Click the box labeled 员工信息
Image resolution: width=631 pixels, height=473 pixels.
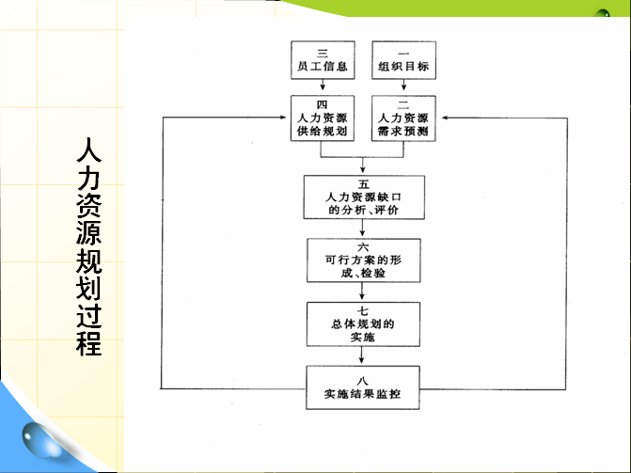[323, 60]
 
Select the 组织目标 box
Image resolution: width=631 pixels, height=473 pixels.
[403, 60]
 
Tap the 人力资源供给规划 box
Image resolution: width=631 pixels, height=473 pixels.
[323, 118]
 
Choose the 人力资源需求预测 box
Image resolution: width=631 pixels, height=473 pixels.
[403, 118]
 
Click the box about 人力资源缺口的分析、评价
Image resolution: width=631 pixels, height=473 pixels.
[364, 197]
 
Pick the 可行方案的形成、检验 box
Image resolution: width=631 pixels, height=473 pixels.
[363, 260]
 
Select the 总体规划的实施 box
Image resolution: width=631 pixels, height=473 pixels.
[363, 324]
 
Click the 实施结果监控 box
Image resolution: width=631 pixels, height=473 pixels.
[363, 387]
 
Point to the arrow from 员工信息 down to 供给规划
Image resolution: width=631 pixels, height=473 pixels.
[323, 85]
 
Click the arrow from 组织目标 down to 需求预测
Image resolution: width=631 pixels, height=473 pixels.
[403, 85]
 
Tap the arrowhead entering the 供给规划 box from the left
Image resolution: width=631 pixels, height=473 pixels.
[283, 118]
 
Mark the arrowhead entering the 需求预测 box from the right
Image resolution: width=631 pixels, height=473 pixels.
[445, 118]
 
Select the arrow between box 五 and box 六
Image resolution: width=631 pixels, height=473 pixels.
[363, 228]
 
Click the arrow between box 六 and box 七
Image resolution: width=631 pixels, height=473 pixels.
[362, 292]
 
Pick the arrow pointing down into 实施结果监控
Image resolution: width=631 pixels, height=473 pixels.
[361, 355]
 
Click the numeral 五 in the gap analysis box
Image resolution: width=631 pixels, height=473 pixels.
[363, 184]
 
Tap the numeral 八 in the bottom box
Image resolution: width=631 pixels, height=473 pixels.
[362, 380]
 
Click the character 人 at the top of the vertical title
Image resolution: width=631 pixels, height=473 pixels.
[89, 150]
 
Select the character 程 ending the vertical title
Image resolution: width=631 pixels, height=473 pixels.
[89, 343]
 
